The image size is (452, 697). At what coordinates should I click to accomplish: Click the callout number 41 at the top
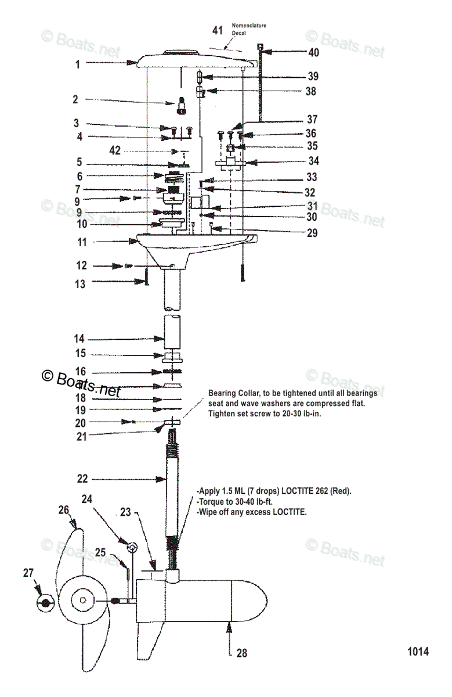pyautogui.click(x=217, y=30)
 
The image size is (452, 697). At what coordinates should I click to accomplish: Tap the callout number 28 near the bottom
pyautogui.click(x=242, y=653)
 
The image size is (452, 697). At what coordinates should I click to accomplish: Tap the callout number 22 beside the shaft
pyautogui.click(x=82, y=479)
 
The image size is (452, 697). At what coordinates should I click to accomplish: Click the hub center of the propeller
pyautogui.click(x=83, y=601)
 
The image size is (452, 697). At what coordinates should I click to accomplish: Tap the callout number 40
pyautogui.click(x=313, y=53)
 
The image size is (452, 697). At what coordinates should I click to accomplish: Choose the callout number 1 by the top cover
pyautogui.click(x=77, y=64)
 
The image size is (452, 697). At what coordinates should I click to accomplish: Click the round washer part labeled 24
pyautogui.click(x=132, y=547)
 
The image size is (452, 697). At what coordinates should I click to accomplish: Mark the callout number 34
pyautogui.click(x=313, y=161)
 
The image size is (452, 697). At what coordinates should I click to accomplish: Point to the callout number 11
pyautogui.click(x=82, y=242)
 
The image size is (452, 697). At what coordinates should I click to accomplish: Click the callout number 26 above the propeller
pyautogui.click(x=64, y=509)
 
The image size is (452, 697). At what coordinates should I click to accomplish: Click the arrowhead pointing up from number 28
pyautogui.click(x=230, y=624)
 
